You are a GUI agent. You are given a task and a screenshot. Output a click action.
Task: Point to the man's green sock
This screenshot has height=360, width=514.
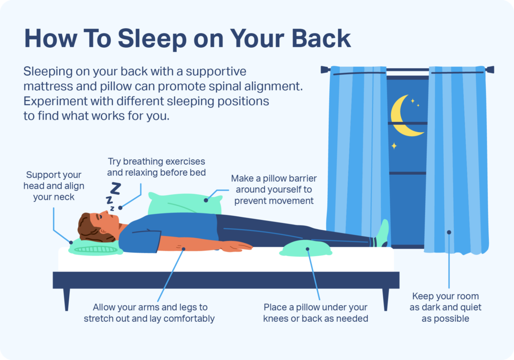pyautogui.click(x=383, y=232)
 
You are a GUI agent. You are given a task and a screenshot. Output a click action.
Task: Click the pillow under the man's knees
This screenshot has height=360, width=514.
pyautogui.click(x=305, y=248)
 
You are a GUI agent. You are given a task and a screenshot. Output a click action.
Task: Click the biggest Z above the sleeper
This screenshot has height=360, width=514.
pyautogui.click(x=115, y=189)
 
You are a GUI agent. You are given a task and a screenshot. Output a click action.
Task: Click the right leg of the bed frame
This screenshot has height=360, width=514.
pyautogui.click(x=385, y=299)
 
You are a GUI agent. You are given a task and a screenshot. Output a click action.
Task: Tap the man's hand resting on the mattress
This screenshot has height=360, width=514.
pyautogui.click(x=238, y=246)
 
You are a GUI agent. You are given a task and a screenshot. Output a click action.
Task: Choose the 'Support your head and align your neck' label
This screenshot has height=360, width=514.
pyautogui.click(x=54, y=186)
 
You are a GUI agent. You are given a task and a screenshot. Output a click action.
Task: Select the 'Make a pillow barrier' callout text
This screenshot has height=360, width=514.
pyautogui.click(x=274, y=190)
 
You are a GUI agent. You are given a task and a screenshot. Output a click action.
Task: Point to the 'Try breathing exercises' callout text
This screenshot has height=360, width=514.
pyautogui.click(x=157, y=168)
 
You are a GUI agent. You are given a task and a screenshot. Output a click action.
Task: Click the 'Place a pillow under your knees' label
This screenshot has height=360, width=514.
pyautogui.click(x=315, y=312)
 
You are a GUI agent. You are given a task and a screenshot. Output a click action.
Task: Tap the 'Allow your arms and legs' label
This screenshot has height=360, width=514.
pyautogui.click(x=150, y=312)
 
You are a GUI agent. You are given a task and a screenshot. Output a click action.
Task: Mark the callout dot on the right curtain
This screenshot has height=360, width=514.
pyautogui.click(x=449, y=232)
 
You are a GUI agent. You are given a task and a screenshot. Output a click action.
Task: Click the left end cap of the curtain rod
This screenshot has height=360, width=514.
pyautogui.click(x=323, y=69)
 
